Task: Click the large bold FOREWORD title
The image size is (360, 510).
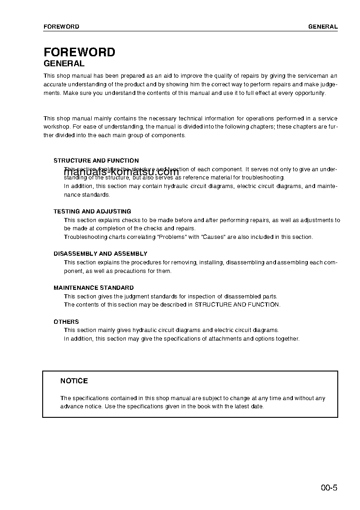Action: [79, 52]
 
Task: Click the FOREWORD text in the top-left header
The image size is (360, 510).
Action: [61, 26]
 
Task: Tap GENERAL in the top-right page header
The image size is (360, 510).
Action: [323, 26]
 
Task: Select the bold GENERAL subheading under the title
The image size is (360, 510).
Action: [64, 64]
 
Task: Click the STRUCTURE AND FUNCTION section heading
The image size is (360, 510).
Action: [96, 160]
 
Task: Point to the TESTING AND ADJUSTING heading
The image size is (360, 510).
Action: [92, 211]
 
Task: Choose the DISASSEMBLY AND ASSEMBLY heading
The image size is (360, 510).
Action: [100, 253]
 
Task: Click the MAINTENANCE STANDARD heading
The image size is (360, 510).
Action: [94, 287]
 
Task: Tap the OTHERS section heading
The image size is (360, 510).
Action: [66, 322]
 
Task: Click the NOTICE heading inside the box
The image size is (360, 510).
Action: [74, 381]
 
